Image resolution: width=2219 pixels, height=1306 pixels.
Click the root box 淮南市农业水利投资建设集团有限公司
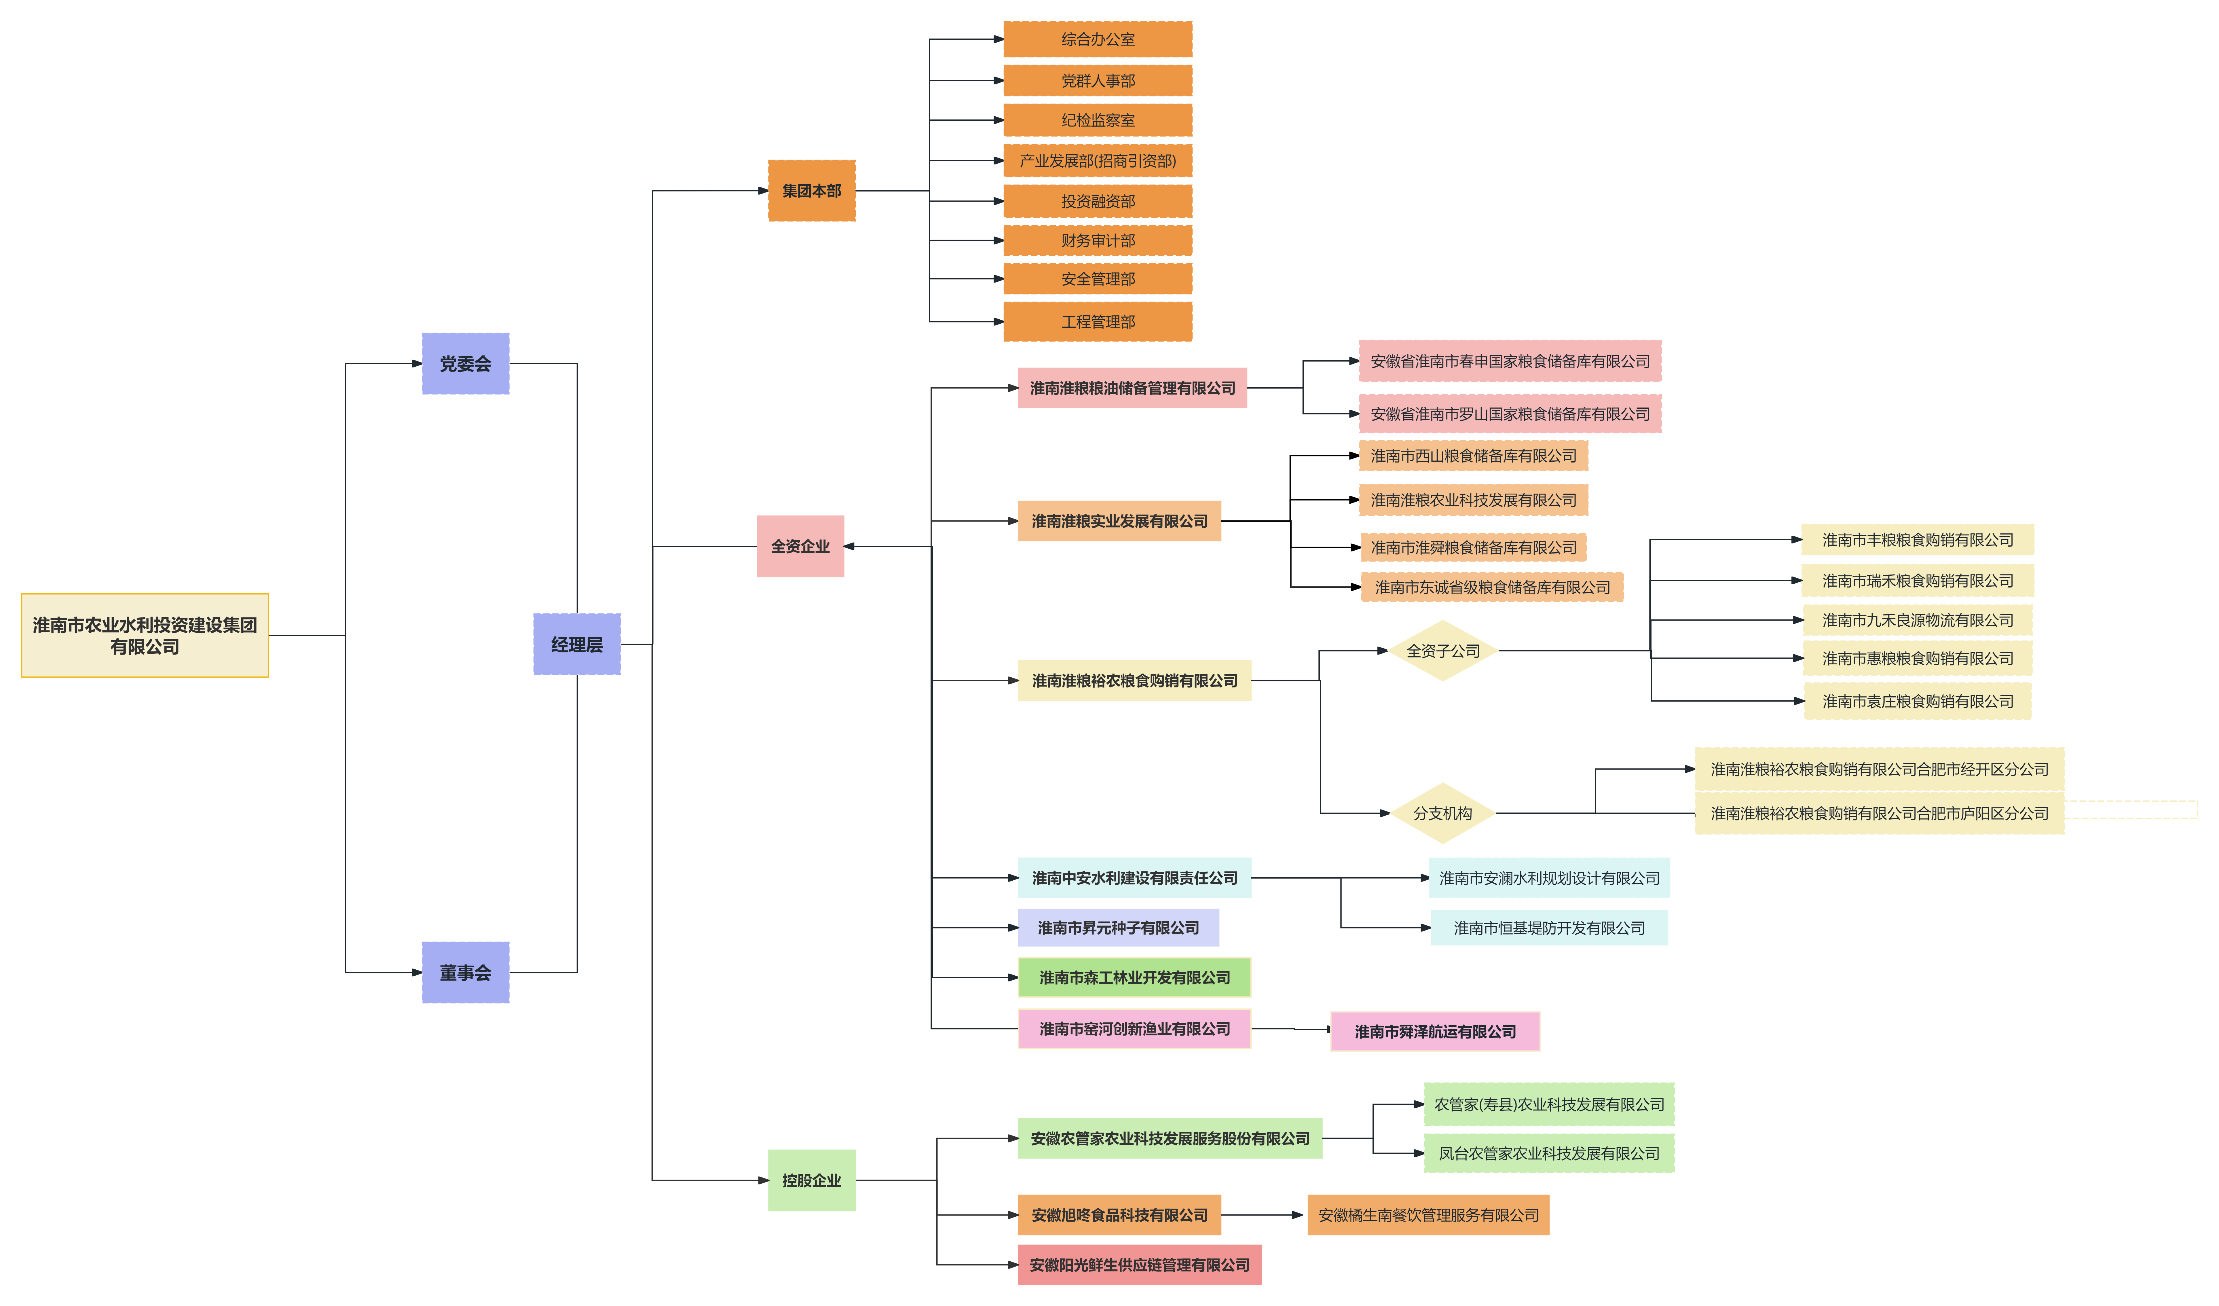point(145,635)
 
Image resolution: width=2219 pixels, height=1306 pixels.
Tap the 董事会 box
point(465,972)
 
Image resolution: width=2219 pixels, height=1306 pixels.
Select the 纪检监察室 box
point(1098,120)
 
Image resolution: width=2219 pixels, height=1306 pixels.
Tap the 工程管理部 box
point(1098,321)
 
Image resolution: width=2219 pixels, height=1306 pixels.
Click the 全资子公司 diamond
point(1442,651)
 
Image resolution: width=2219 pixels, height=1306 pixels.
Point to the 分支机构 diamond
point(1442,813)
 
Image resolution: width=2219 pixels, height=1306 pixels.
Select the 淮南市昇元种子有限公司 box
point(1118,927)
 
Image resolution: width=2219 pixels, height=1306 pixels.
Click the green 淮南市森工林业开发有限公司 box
point(1134,977)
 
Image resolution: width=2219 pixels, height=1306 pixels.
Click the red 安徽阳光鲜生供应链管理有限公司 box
point(1139,1265)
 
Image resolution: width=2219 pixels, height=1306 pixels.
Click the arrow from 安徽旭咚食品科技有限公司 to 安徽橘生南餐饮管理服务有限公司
point(1262,1215)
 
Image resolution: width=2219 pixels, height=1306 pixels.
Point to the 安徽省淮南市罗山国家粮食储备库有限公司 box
point(1510,414)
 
